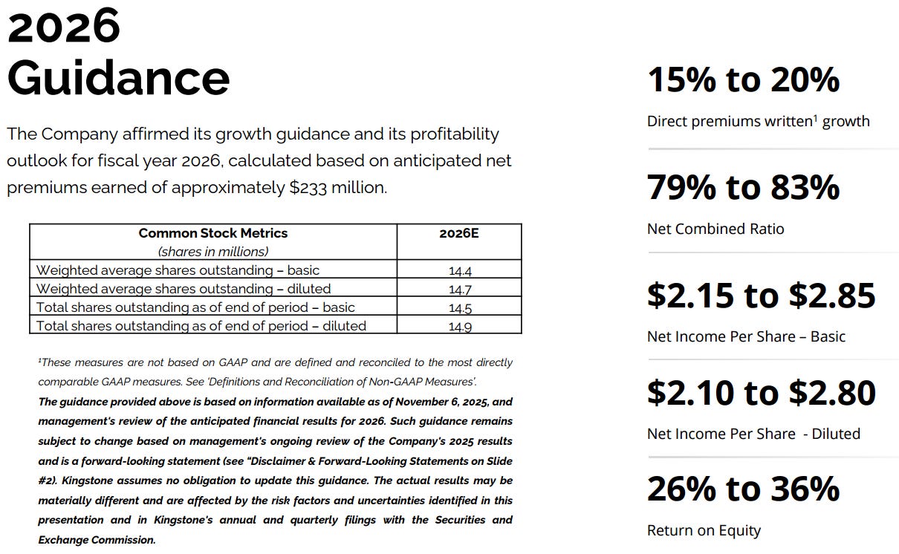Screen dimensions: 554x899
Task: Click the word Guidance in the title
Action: [119, 78]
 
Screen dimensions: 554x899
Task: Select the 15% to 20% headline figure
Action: [743, 79]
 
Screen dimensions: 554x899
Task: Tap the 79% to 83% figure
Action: [743, 187]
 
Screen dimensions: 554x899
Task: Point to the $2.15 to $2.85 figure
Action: [761, 295]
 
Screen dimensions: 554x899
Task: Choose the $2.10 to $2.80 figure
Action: [761, 392]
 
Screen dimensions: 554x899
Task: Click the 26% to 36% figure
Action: [743, 489]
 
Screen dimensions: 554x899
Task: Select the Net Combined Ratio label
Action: [715, 229]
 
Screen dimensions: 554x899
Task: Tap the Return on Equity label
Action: [704, 530]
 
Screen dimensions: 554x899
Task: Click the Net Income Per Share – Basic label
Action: [746, 336]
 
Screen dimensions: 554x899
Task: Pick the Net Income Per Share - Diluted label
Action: [753, 434]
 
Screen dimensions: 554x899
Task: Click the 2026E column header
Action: [459, 233]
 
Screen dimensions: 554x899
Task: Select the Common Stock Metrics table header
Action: [212, 233]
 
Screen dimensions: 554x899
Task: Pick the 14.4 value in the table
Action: [459, 271]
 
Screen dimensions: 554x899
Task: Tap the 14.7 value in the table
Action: [459, 290]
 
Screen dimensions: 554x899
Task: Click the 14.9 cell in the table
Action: [459, 326]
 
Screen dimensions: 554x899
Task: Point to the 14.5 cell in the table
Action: [459, 308]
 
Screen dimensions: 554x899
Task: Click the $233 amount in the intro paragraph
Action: [308, 188]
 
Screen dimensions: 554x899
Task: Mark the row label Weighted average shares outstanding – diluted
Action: [184, 289]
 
